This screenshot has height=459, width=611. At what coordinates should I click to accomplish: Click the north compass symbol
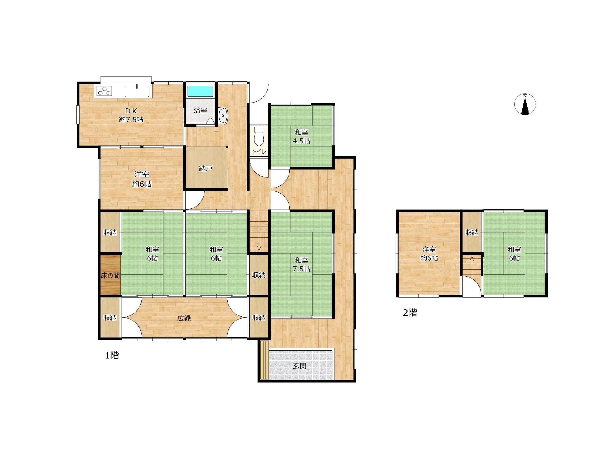point(525,104)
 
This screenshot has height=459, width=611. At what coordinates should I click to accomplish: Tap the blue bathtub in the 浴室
point(200,91)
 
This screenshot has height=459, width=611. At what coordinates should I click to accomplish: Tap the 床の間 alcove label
point(110,276)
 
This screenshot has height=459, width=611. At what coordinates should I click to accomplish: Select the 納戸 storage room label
point(205,169)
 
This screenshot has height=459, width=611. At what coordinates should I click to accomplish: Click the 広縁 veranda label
point(184,318)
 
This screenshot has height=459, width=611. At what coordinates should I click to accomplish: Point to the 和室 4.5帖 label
point(302,137)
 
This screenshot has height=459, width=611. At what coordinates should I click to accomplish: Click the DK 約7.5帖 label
point(131,115)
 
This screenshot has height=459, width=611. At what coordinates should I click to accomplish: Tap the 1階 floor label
point(112,356)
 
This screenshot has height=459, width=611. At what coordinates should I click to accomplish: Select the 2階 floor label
point(410,313)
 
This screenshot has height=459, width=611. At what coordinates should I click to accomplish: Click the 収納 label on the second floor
point(472,233)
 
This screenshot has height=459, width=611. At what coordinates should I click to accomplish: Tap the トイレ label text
point(259,151)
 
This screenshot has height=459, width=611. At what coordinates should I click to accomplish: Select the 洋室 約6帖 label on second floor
point(429,254)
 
